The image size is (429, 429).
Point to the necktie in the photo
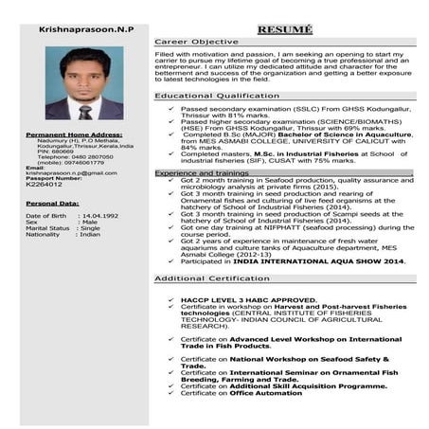click(x=85, y=110)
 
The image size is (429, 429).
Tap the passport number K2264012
click(x=44, y=185)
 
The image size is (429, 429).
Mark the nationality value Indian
click(x=90, y=235)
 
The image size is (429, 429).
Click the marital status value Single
click(x=91, y=228)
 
